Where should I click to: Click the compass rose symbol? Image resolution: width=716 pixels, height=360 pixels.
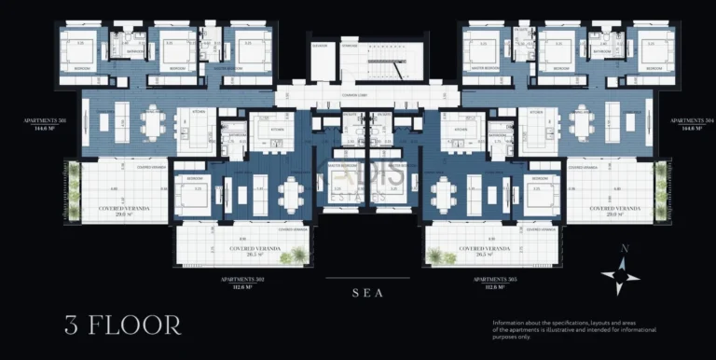tap(620, 270)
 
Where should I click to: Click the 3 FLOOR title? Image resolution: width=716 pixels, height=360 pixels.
tap(123, 325)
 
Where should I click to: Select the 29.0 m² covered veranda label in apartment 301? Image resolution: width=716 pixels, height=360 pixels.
tap(122, 211)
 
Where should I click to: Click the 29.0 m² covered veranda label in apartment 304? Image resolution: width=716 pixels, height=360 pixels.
tap(613, 211)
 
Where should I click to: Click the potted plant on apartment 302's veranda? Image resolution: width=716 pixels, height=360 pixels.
tap(298, 254)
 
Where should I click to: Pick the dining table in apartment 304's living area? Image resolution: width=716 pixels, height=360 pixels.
tap(582, 122)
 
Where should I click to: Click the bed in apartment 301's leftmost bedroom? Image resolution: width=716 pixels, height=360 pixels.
tap(84, 51)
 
